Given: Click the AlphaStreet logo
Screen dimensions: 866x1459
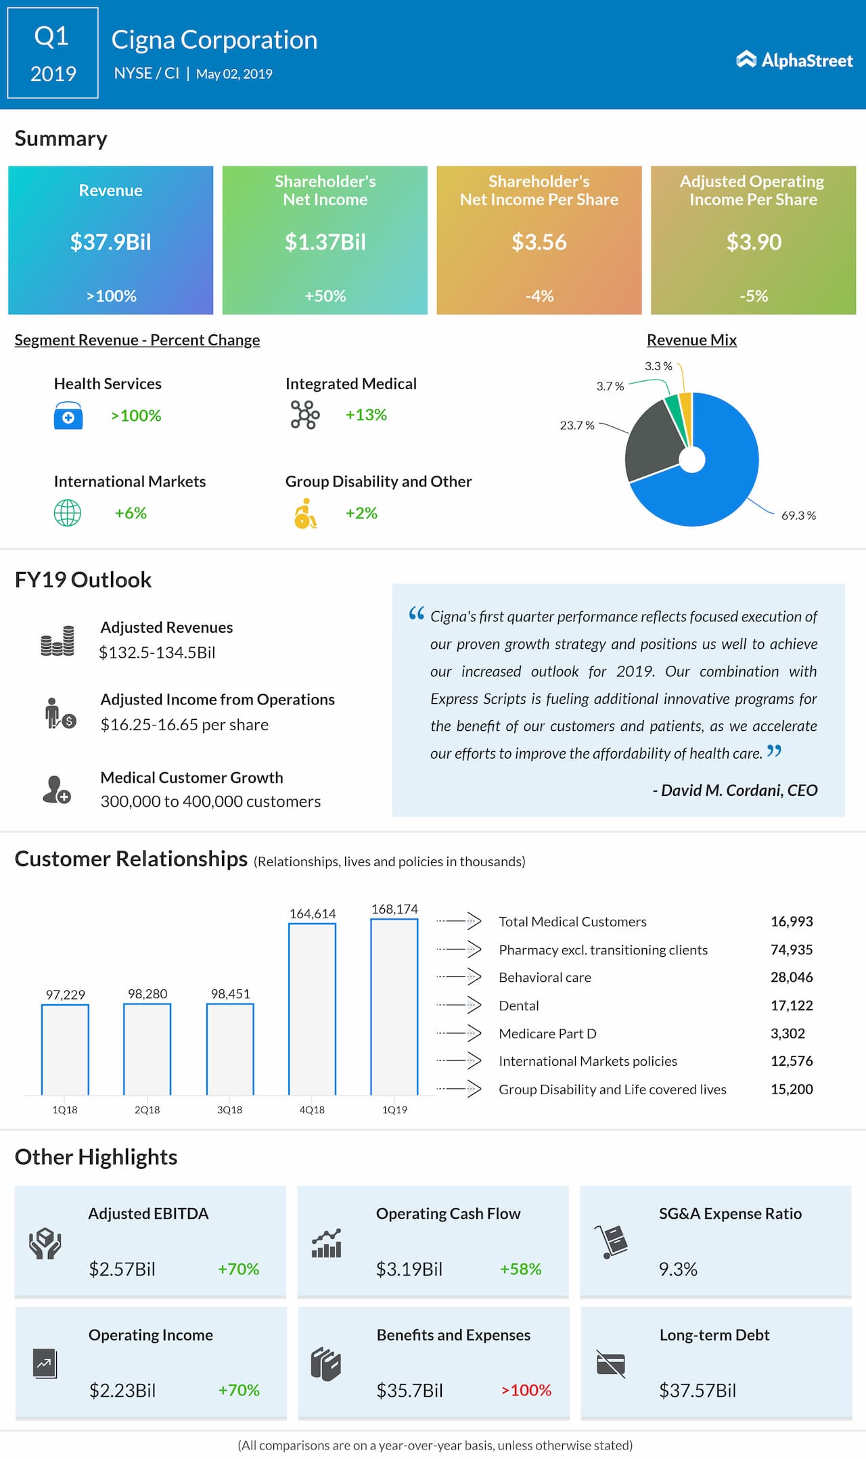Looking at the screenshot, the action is [x=794, y=60].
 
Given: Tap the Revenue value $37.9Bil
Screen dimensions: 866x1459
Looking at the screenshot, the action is [x=111, y=242].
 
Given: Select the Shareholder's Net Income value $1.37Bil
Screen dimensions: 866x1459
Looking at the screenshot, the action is [x=325, y=242].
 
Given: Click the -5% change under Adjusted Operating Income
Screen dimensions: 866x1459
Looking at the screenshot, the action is [x=754, y=296].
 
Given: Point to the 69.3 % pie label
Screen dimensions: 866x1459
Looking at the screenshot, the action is [x=798, y=516].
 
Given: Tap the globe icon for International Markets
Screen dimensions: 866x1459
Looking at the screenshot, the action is [x=67, y=513].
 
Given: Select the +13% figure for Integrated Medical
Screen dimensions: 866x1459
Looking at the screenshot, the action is [x=366, y=415].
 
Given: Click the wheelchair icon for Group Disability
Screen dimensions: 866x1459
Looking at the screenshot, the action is [x=305, y=514].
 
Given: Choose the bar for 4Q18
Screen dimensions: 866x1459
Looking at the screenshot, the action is [x=312, y=1009].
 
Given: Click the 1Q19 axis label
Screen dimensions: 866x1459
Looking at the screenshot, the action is [x=394, y=1110].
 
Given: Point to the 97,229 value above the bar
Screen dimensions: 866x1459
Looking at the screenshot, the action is [x=66, y=994].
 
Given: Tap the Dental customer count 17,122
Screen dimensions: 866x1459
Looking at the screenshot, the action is [x=792, y=1006].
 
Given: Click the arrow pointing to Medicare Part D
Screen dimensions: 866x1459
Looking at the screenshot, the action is [x=459, y=1033].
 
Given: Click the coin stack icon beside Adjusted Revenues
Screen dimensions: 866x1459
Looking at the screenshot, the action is [x=58, y=641].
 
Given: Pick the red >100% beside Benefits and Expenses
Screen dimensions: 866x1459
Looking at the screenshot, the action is [x=526, y=1390].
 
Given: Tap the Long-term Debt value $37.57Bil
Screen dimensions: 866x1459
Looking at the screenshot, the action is [x=698, y=1390].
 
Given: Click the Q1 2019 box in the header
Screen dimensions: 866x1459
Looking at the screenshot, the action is [x=53, y=53].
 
